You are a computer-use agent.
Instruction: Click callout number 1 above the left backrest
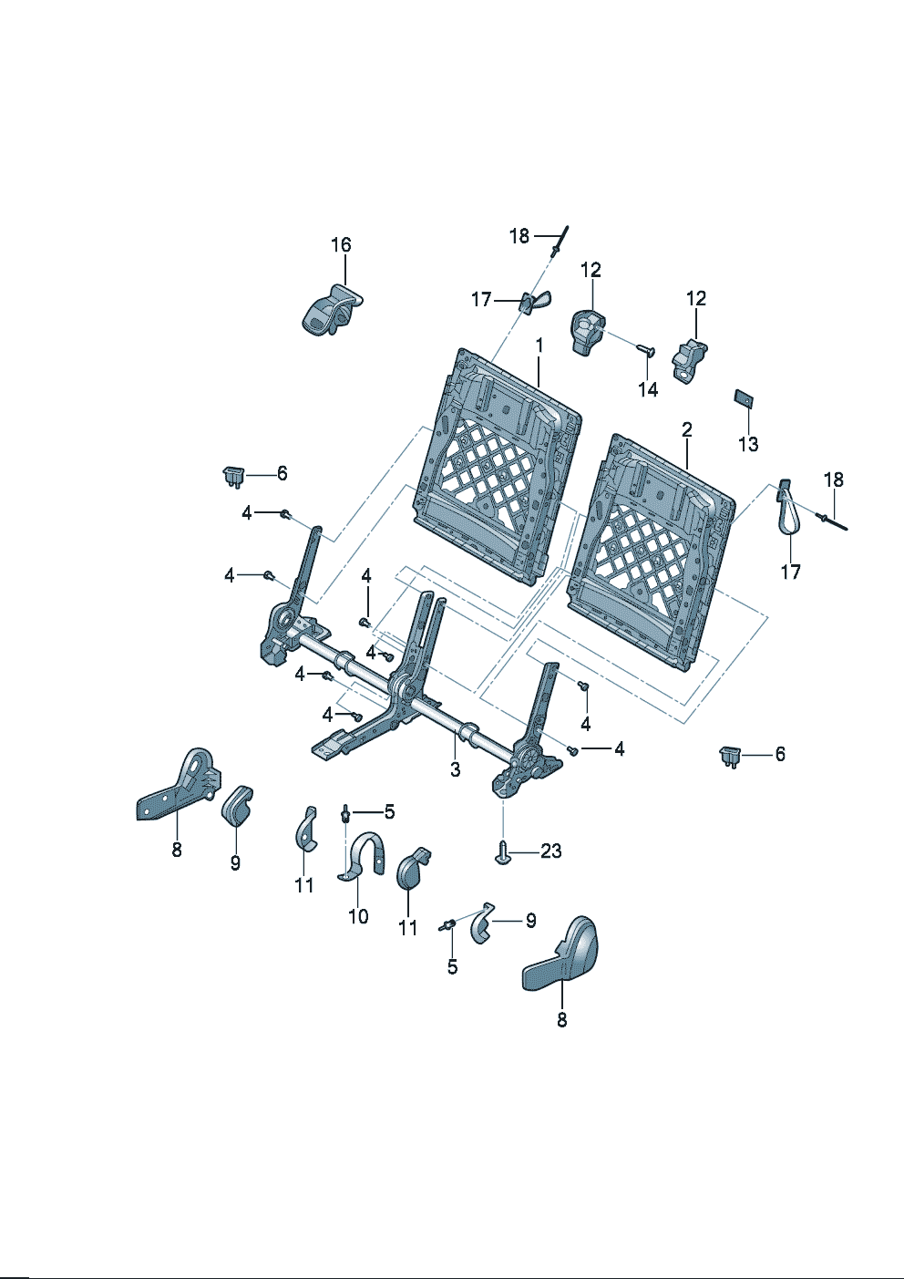click(539, 346)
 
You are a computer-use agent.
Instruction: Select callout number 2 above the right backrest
click(686, 429)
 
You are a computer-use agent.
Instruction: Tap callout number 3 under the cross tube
click(455, 769)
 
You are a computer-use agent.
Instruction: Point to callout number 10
click(358, 916)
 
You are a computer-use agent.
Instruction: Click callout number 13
click(748, 444)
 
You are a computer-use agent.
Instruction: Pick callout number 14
click(648, 389)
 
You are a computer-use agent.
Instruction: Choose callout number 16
click(341, 245)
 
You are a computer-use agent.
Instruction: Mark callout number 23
click(551, 851)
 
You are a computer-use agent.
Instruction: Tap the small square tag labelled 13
click(743, 397)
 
